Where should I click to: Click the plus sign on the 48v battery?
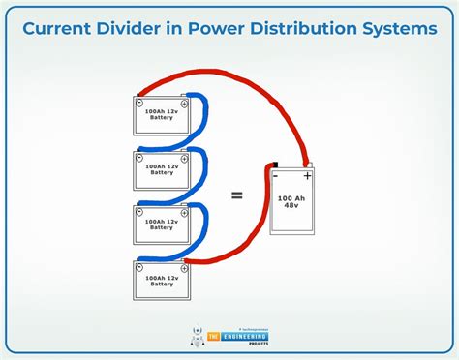click(308, 176)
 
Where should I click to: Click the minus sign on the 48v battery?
click(275, 176)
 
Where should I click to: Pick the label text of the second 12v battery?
click(161, 169)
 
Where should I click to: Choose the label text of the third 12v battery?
click(161, 224)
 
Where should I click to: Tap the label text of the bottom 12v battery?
click(161, 280)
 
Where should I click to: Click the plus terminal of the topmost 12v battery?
click(184, 101)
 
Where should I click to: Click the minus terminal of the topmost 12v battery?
click(139, 102)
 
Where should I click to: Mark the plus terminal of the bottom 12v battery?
click(184, 262)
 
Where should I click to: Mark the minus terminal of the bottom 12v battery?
click(139, 263)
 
